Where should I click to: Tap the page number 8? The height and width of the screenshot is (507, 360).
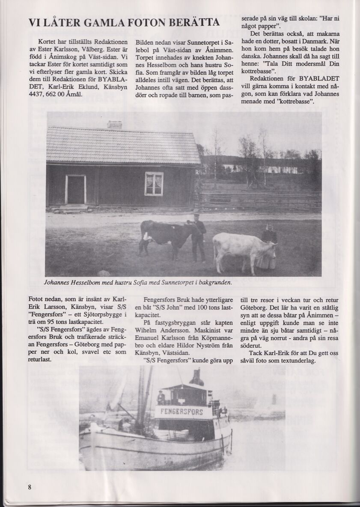click(x=30, y=487)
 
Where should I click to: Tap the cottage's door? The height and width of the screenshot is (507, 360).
click(x=75, y=189)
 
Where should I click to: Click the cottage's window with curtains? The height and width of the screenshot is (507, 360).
click(x=154, y=184)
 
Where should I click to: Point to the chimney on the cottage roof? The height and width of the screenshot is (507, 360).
click(x=114, y=125)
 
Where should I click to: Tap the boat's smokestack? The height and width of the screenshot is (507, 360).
click(x=197, y=377)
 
